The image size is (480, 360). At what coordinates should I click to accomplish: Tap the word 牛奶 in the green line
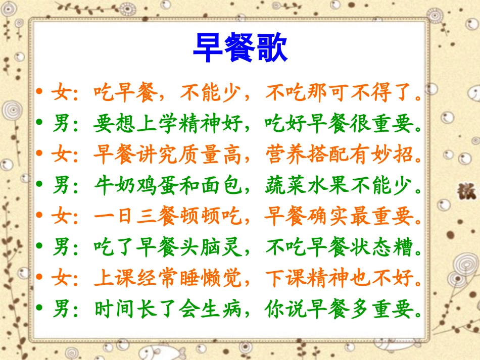click(x=115, y=187)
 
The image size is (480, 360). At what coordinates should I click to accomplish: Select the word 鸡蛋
click(x=158, y=187)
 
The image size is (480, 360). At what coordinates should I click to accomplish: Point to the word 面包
click(x=221, y=187)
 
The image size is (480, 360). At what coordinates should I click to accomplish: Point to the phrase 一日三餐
click(x=136, y=218)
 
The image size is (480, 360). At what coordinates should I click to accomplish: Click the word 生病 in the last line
click(x=221, y=308)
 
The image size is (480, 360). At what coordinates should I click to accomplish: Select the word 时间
click(x=115, y=308)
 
